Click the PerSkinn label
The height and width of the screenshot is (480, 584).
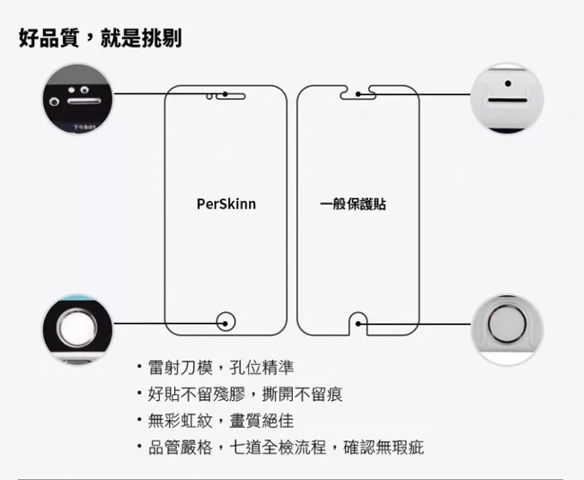tap(226, 204)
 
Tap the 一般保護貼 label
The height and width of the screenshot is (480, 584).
tap(353, 204)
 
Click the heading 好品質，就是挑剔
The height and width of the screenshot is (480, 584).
tap(101, 38)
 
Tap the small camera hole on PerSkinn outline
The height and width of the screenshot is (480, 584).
tap(209, 97)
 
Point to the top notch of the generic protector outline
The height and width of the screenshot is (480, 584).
tap(358, 93)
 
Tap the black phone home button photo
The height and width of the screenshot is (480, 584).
tap(77, 329)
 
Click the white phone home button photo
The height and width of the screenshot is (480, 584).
tap(507, 329)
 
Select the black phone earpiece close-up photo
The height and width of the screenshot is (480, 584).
tap(77, 99)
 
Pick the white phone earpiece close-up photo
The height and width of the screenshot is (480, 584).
tap(507, 99)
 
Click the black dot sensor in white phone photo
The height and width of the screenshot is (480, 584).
tap(508, 83)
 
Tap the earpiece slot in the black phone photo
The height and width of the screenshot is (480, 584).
tap(84, 101)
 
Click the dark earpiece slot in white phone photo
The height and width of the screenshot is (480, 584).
tap(508, 100)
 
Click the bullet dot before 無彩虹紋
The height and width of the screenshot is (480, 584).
tap(139, 420)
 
